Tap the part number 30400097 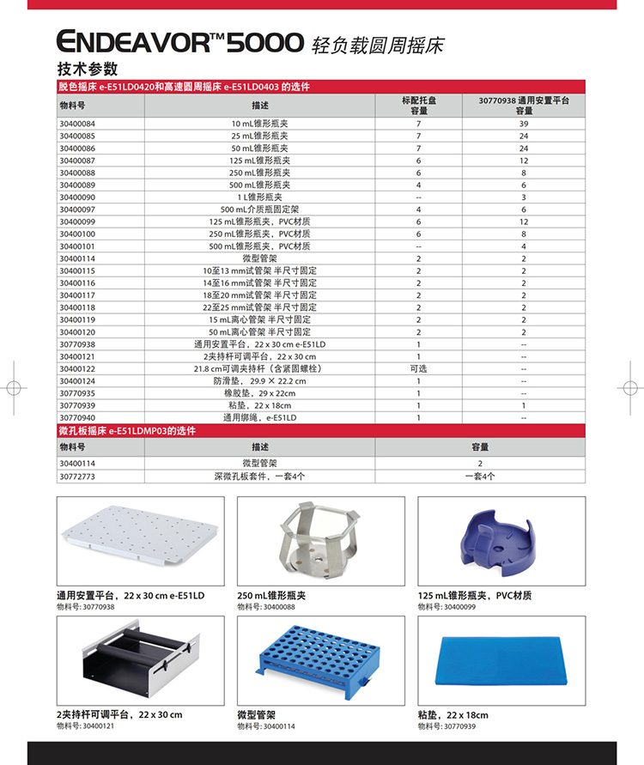77,209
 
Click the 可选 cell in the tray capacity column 418,368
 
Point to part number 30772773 77,475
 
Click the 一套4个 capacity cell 480,475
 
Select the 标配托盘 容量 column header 418,106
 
